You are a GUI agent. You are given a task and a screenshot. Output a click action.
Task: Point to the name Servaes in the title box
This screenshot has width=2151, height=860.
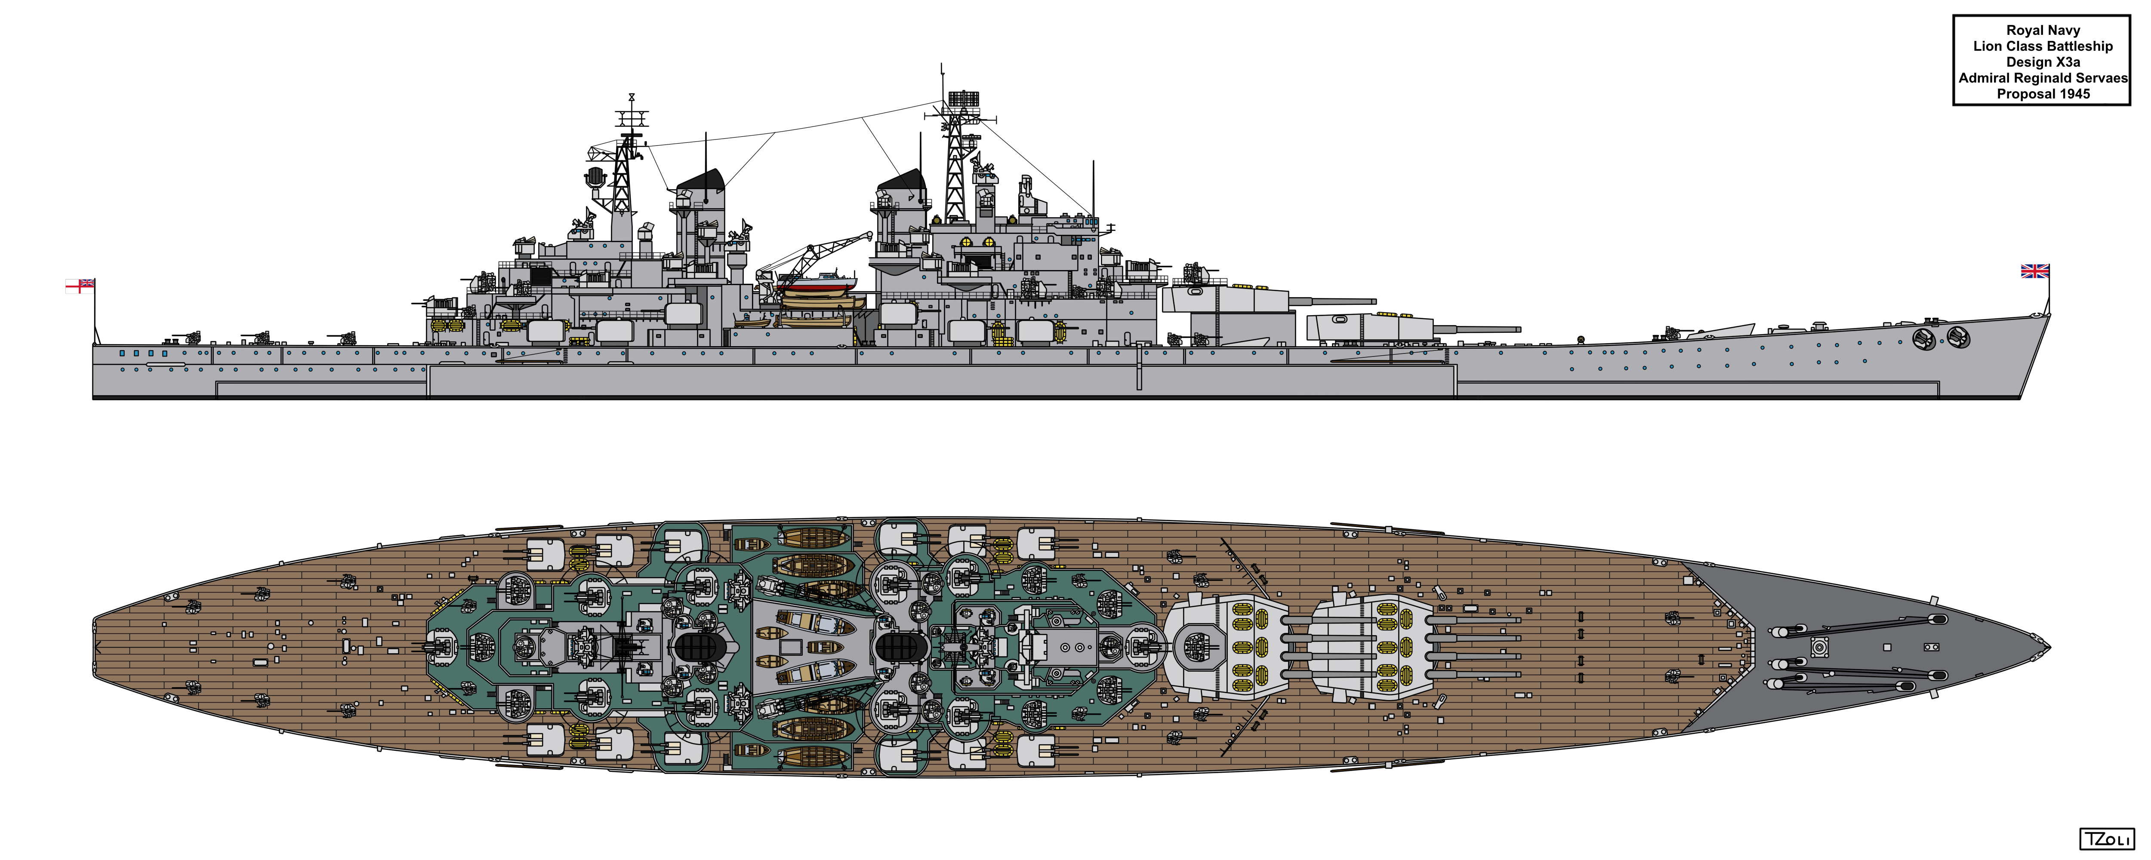pos(2102,78)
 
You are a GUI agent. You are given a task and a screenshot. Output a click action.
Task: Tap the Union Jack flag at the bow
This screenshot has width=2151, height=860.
pos(2035,270)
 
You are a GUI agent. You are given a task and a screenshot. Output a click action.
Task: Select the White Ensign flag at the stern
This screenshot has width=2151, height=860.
pos(80,286)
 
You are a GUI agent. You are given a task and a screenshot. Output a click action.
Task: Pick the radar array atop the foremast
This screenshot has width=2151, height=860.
pos(963,98)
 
